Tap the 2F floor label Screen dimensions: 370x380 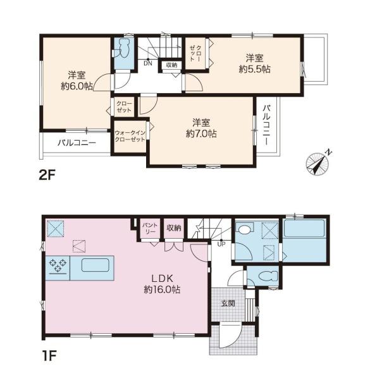[47, 175]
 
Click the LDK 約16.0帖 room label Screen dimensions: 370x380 [162, 284]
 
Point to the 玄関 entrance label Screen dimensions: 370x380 [228, 303]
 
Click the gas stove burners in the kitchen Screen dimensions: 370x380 [58, 265]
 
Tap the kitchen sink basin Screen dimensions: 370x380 [96, 265]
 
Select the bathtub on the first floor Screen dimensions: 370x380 [304, 228]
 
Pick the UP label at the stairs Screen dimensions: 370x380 [221, 244]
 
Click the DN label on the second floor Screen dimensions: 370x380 [148, 63]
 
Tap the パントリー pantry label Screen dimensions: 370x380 [150, 228]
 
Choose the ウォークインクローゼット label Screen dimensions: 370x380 [130, 136]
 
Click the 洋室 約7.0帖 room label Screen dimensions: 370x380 [201, 128]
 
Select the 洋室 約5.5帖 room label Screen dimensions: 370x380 [254, 64]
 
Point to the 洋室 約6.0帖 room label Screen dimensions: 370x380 [77, 80]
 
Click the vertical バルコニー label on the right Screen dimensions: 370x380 [266, 125]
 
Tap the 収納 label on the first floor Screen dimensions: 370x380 [174, 228]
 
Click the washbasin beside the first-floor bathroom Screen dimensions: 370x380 [245, 229]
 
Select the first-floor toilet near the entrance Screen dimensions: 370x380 [268, 276]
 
